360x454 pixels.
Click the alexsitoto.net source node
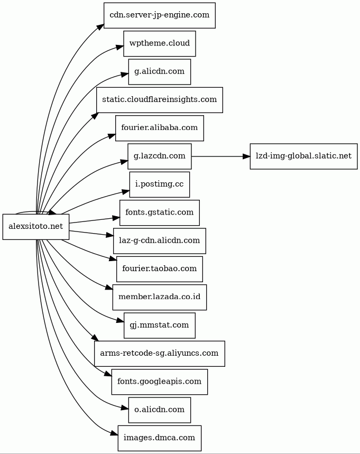(x=36, y=227)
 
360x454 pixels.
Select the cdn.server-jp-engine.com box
(x=159, y=15)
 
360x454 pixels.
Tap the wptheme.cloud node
(x=159, y=43)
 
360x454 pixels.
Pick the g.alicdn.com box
(x=159, y=72)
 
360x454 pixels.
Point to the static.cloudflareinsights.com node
(x=159, y=100)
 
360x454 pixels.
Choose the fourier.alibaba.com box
(x=159, y=128)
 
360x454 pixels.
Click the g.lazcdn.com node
(x=159, y=156)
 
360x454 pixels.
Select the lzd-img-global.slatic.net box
(x=303, y=156)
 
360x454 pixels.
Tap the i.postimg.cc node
(x=159, y=184)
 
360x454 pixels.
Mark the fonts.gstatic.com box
(x=159, y=212)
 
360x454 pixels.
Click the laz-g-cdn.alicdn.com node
(x=159, y=240)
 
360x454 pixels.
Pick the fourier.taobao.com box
(x=159, y=269)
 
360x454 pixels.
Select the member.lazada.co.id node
(x=159, y=297)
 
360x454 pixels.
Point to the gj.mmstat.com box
(x=159, y=325)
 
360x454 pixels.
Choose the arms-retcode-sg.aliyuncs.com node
(x=159, y=354)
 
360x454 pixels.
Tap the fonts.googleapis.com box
(x=159, y=382)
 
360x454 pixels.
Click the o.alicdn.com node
(x=159, y=410)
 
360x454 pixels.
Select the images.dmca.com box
(x=159, y=438)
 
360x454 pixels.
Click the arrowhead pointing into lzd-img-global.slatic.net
(x=246, y=156)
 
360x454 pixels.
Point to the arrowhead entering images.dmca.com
(x=114, y=434)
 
